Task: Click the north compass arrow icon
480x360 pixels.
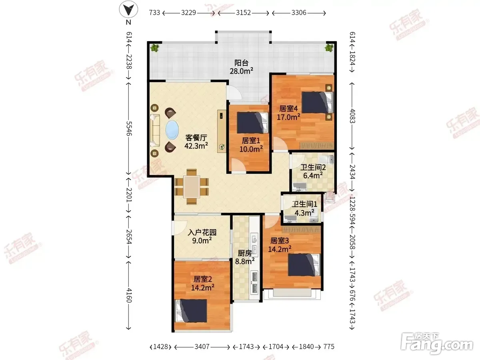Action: coord(128,9)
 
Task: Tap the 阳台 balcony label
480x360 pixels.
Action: coord(242,63)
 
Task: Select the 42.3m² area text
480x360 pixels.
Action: coord(196,146)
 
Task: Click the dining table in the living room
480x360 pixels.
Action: coord(192,187)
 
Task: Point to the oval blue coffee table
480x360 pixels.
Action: coord(172,130)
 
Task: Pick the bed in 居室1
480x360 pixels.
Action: coord(252,123)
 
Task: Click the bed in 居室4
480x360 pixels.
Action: coord(317,102)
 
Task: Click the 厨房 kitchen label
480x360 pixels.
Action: coord(245,253)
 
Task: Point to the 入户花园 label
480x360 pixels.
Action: coord(202,232)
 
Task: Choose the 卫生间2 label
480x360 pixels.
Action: coord(313,168)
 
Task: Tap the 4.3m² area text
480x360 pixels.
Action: coord(304,212)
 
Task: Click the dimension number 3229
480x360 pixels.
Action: coord(188,13)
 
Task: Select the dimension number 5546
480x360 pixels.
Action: coord(129,128)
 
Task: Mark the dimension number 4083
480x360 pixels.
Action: coord(352,116)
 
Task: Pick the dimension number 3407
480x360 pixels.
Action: coord(202,346)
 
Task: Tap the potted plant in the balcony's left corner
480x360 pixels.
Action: coord(155,48)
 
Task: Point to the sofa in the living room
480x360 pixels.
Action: coord(155,130)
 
